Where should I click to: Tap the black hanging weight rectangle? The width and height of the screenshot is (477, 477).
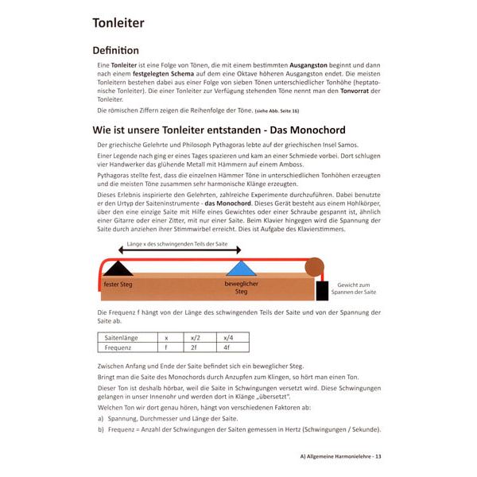(321, 289)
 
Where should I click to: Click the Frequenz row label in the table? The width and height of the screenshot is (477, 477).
(120, 347)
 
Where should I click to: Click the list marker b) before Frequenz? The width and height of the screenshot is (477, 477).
(100, 429)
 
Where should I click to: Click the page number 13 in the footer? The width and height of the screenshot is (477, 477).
(378, 456)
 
